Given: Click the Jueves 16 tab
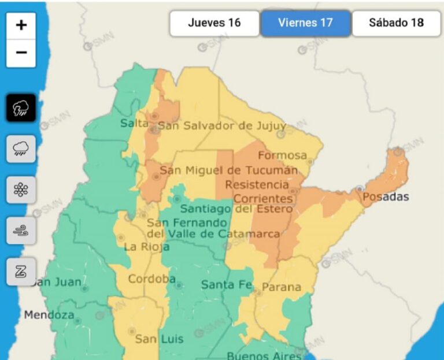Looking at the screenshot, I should pos(214,23).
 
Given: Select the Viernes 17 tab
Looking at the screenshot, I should pos(305,23).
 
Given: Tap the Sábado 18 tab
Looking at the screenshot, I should pos(396,23).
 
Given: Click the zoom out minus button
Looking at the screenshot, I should pos(21,53).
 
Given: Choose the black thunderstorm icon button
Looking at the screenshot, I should pos(21,107).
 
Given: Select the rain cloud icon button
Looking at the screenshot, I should pos(21,148).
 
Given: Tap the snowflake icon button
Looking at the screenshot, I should pos(21,189).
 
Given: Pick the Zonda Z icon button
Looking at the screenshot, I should pos(21,271).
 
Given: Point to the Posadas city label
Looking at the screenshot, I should pos(386,197).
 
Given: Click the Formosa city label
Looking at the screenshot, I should pos(282,155).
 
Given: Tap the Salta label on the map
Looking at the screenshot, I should pos(134,123).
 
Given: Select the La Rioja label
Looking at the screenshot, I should pos(147,247).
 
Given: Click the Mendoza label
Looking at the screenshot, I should pos(49,315).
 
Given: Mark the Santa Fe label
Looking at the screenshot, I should pos(226,284).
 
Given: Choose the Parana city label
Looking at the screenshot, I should pos(282,287).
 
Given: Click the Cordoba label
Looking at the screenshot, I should pos(151,279).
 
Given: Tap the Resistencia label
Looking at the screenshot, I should pos(257,184).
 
